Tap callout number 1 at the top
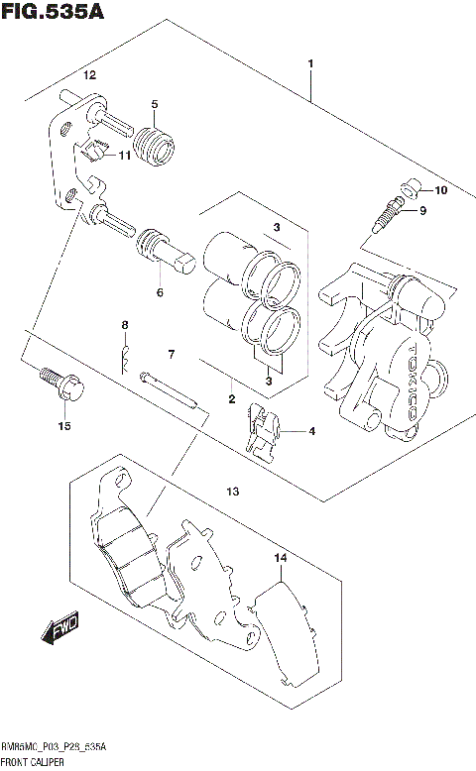[311, 65]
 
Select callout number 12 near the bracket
[89, 76]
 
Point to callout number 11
[126, 156]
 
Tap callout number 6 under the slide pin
[158, 292]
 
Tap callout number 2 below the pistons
[231, 401]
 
